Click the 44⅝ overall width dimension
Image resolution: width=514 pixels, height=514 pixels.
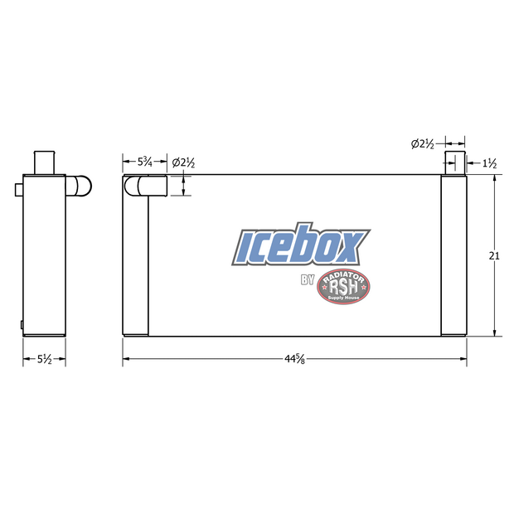292,359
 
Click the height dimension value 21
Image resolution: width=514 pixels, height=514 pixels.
494,256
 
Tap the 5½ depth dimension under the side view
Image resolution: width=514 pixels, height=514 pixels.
43,359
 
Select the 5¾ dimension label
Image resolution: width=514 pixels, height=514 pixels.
144,161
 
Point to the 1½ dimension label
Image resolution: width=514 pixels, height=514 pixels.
489,163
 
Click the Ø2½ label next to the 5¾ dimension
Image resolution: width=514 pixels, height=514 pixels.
183,162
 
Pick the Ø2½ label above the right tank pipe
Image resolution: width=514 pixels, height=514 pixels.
423,143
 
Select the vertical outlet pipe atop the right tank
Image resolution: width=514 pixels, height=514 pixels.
455,162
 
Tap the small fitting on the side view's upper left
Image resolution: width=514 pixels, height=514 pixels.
18,190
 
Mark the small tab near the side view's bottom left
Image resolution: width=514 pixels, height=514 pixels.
22,322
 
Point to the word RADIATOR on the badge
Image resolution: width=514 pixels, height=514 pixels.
344,275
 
